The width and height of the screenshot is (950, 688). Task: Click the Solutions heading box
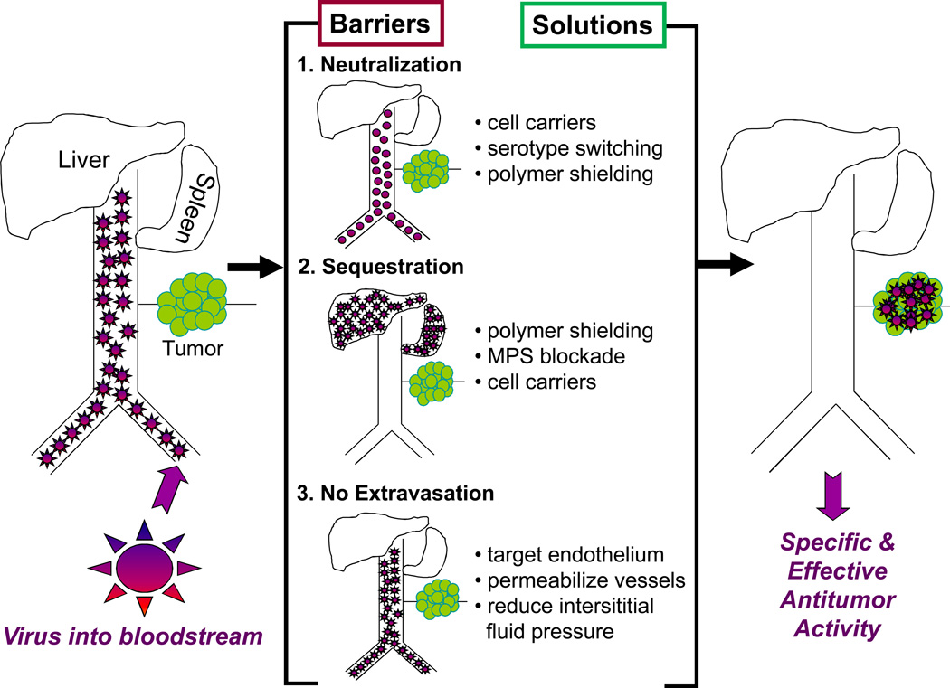(594, 24)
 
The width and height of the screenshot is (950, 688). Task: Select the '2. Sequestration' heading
(381, 268)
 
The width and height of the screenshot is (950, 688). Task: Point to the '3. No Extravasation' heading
(395, 494)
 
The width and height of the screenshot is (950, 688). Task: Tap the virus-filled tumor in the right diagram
(908, 304)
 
